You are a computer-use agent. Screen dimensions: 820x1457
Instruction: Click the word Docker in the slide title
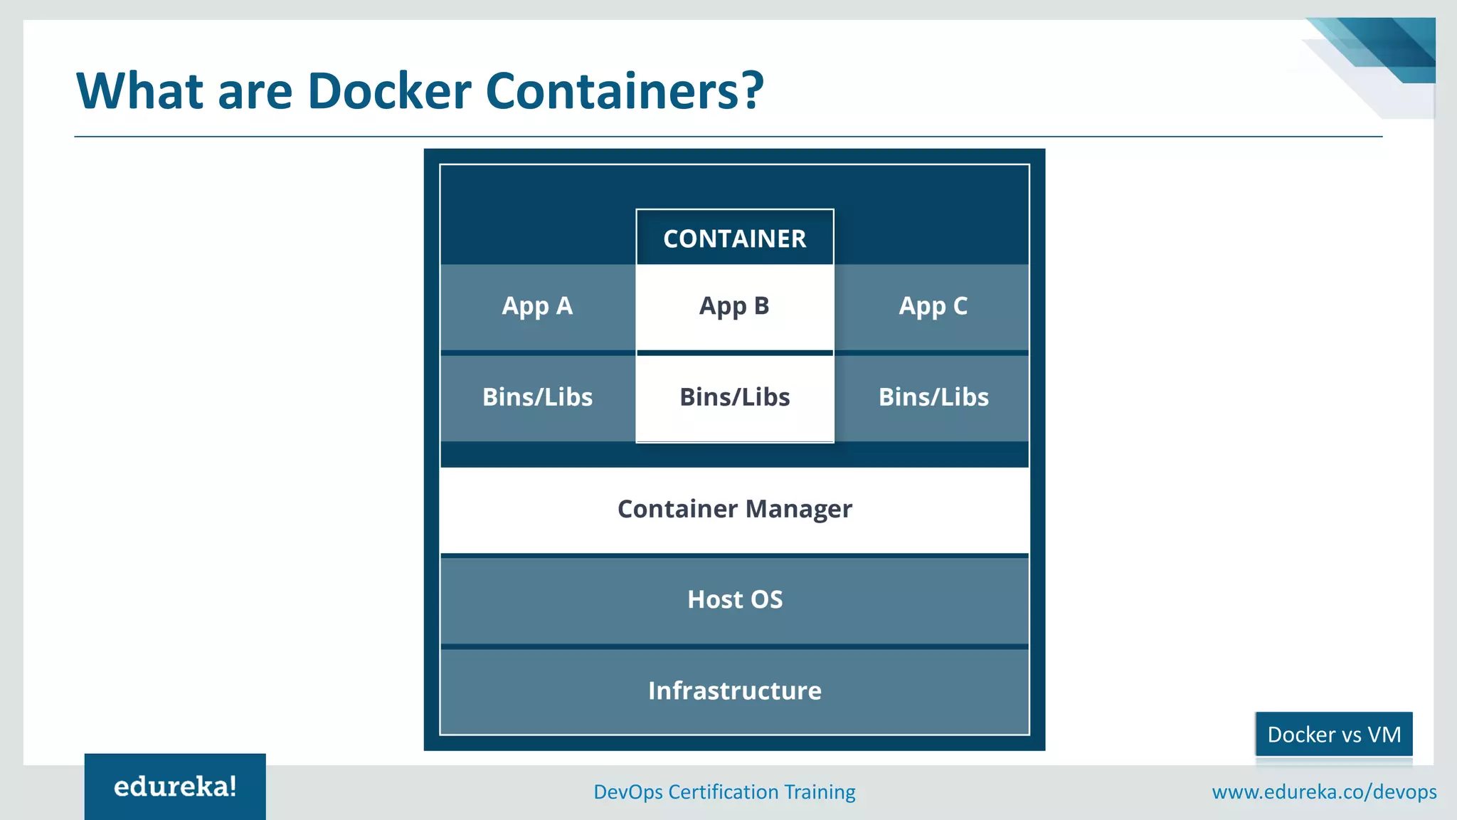click(389, 91)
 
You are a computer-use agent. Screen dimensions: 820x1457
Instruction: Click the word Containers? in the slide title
click(624, 91)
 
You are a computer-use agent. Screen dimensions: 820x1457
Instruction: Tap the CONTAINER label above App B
click(734, 238)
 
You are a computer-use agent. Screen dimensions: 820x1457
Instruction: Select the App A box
click(537, 306)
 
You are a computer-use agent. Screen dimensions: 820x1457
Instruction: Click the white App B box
click(734, 306)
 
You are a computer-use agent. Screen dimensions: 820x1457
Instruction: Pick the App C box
click(933, 306)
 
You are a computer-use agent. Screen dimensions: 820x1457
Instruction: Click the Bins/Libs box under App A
click(537, 397)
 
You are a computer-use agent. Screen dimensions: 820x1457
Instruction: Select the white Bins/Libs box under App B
click(734, 397)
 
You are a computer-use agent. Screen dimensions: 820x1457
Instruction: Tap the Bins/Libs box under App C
click(933, 397)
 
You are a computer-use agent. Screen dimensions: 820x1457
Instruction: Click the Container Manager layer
click(734, 510)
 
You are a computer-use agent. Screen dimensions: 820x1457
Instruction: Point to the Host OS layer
click(734, 600)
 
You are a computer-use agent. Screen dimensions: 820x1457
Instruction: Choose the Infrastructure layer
click(734, 690)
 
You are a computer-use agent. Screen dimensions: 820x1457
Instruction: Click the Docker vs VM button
click(1333, 734)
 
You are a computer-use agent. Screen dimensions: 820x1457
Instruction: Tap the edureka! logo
click(175, 787)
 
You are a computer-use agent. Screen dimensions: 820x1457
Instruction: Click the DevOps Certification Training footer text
click(724, 792)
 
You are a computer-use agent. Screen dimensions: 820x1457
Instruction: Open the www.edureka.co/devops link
click(1324, 792)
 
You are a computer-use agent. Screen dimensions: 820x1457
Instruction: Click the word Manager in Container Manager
click(798, 510)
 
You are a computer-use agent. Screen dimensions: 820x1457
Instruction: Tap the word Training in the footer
click(819, 792)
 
